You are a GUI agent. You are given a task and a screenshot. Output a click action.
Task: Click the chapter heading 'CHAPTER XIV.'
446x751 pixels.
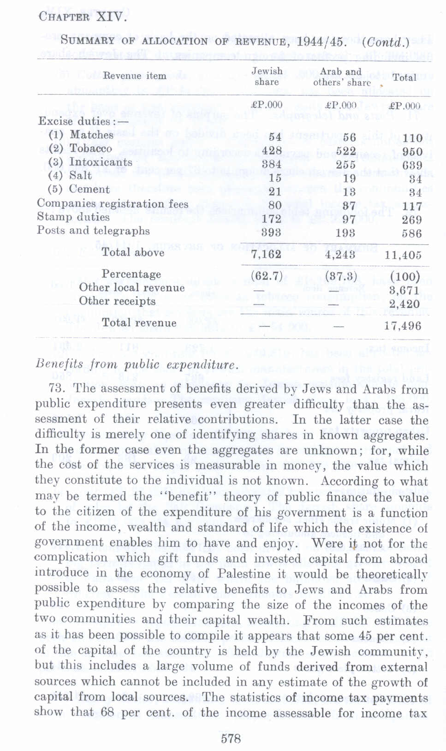82,17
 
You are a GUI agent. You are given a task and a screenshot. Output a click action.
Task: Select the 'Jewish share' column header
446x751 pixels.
267,77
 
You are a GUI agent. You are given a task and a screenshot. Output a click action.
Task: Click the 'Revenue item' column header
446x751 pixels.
134,76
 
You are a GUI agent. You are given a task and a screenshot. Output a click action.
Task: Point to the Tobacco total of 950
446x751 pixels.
412,152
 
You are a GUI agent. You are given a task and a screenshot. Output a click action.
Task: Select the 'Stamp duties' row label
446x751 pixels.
73,217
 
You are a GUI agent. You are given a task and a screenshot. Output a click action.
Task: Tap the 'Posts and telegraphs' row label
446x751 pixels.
93,231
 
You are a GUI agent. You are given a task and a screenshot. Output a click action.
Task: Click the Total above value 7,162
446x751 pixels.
266,254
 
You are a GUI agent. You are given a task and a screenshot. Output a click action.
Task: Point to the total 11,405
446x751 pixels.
403,255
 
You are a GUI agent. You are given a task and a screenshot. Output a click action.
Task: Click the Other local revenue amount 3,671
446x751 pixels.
404,290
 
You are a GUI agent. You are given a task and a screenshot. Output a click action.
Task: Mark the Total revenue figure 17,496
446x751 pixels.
403,326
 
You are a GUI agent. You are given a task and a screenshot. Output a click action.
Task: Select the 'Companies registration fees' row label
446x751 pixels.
113,203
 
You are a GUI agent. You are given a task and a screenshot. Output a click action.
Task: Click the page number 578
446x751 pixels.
231,739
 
